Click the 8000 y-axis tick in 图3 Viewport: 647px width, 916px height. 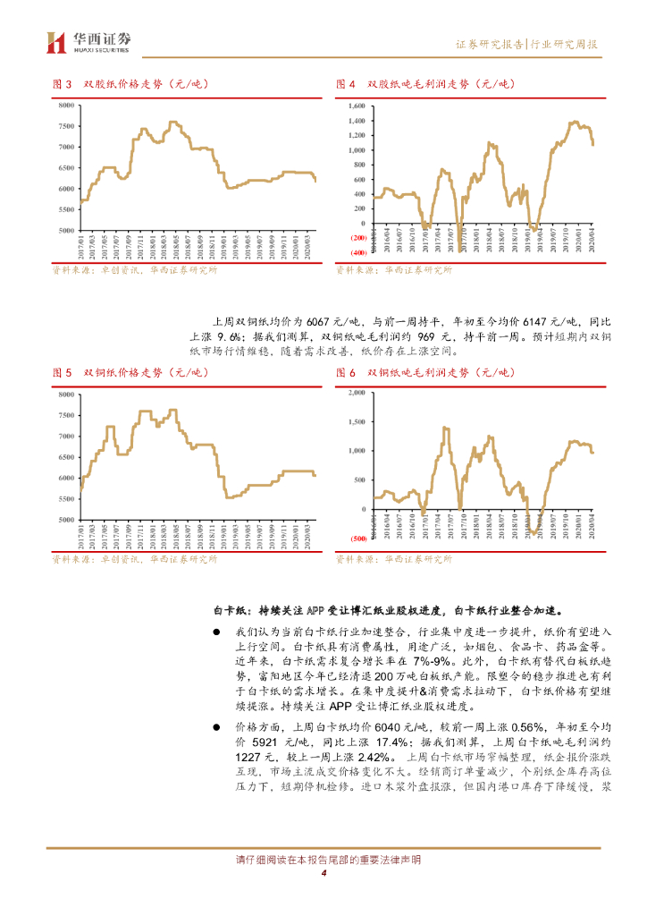(x=65, y=106)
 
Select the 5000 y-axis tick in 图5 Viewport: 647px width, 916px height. (x=65, y=520)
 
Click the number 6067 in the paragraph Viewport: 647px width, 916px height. (x=318, y=320)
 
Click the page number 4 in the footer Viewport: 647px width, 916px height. (x=323, y=875)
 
